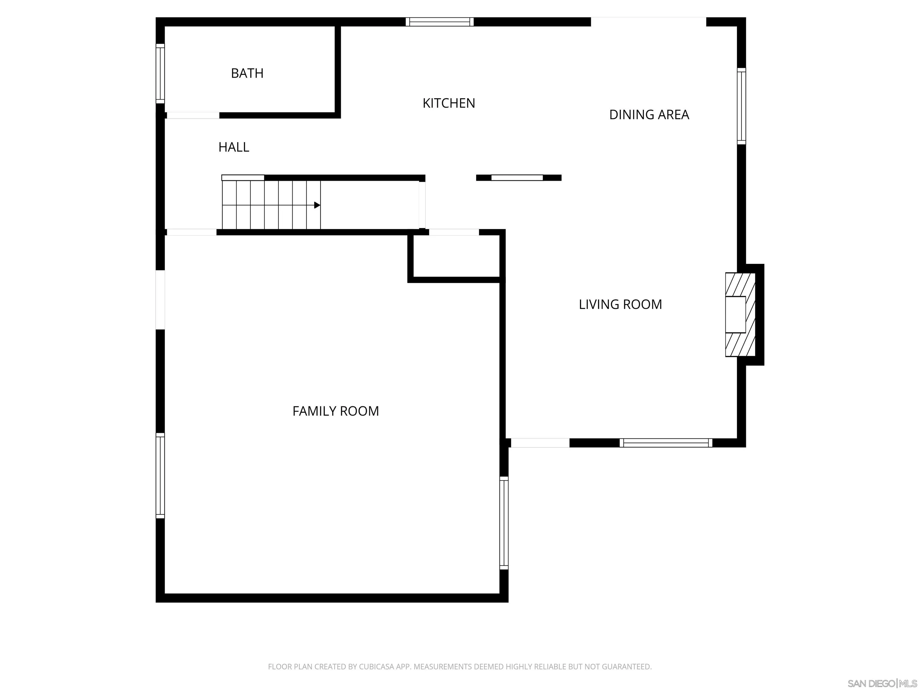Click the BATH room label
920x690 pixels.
click(247, 73)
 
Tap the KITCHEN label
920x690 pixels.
click(449, 103)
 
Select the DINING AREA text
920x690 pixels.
click(649, 114)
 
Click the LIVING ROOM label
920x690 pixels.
click(620, 305)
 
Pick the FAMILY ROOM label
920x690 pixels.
click(336, 411)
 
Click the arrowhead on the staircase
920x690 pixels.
click(317, 205)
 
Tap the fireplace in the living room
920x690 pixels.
click(740, 314)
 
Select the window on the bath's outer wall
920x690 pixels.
click(160, 74)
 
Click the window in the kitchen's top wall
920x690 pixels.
click(440, 22)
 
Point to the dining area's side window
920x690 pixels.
click(741, 106)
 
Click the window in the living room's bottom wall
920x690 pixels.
click(666, 443)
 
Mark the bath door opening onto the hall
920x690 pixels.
click(193, 115)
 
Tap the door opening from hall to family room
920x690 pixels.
click(191, 232)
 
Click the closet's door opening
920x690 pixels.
click(454, 232)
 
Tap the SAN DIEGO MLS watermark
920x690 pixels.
click(882, 683)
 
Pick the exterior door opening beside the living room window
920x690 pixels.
click(540, 443)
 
